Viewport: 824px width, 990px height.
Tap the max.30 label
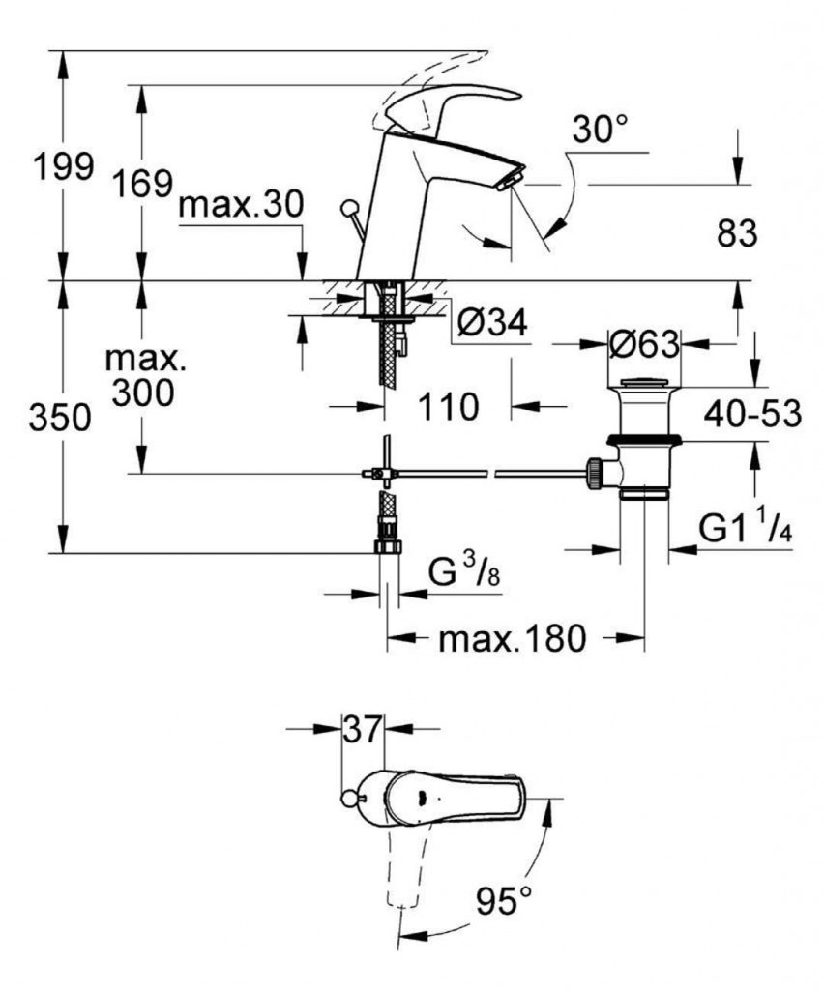[x=242, y=205]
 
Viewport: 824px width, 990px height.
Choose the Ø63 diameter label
[x=643, y=343]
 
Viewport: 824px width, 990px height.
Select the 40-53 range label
[x=751, y=414]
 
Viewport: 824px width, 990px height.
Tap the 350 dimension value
[x=63, y=418]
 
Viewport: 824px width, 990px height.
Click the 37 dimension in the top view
[x=363, y=729]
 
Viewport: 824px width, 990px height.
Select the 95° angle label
[x=504, y=903]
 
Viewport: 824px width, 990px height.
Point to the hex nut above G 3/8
[x=387, y=546]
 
